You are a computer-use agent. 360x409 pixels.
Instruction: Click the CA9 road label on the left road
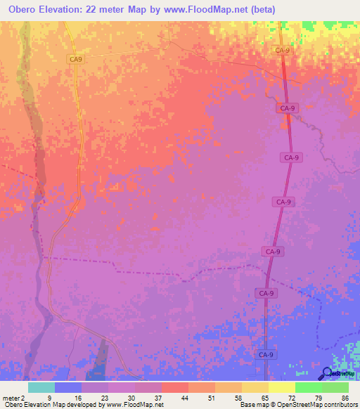click(x=76, y=60)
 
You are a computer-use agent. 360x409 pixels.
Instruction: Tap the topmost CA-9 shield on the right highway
click(x=282, y=51)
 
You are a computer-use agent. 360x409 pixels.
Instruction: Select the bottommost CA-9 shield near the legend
click(x=265, y=355)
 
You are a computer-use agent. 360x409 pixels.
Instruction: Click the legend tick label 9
click(x=49, y=398)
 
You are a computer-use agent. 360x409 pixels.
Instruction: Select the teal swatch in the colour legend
click(x=41, y=387)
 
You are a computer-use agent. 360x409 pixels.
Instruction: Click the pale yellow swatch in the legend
click(x=281, y=387)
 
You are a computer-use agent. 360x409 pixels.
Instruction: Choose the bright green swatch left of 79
click(x=308, y=387)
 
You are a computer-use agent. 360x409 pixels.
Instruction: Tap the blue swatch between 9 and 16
click(x=67, y=387)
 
